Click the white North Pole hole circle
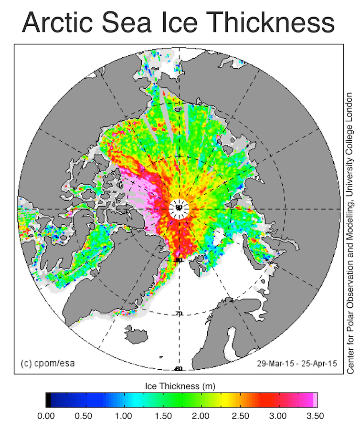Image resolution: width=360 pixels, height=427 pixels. (x=179, y=208)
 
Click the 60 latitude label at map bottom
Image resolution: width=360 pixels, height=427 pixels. (x=178, y=368)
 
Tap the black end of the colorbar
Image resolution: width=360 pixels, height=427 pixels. (x=49, y=399)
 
